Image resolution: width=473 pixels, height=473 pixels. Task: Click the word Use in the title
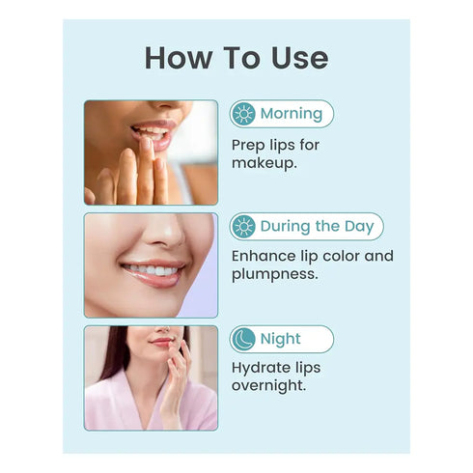(299, 58)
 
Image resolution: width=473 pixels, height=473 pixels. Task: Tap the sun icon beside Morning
(243, 114)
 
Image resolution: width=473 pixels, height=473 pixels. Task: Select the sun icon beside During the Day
(243, 226)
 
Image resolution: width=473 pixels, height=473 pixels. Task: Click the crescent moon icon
(243, 339)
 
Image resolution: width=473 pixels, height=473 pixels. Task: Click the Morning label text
(292, 114)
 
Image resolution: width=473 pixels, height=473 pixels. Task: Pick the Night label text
(281, 339)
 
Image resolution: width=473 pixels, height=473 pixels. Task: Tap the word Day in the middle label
(359, 227)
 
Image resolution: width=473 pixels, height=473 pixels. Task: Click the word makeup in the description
(264, 163)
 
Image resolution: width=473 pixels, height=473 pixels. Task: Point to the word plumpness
(275, 274)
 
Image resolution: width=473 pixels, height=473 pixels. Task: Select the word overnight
(268, 385)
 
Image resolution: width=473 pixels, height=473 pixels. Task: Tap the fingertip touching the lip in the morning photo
(147, 144)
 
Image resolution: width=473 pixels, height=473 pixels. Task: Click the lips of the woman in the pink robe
(161, 342)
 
